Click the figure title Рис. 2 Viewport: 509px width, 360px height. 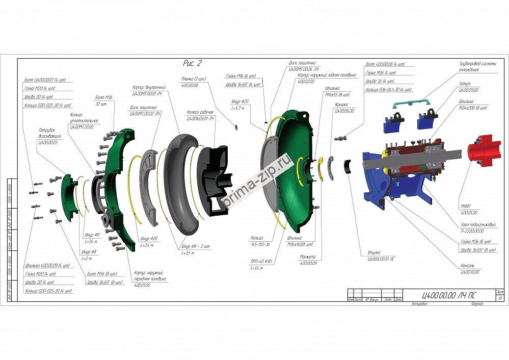click(x=192, y=63)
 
